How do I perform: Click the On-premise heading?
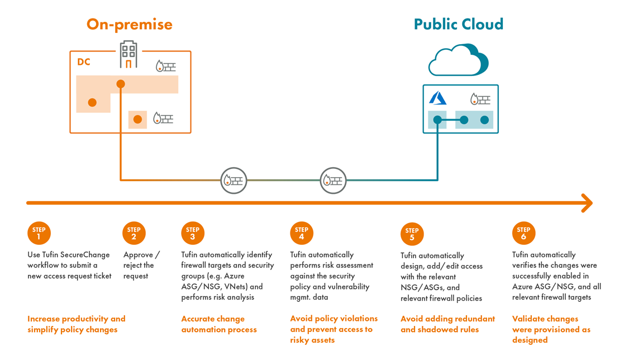(x=129, y=25)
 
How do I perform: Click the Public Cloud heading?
(x=458, y=25)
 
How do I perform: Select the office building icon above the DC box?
(x=128, y=55)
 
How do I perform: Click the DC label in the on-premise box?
(x=84, y=62)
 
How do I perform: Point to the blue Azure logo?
(x=437, y=98)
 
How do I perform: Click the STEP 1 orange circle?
(x=39, y=233)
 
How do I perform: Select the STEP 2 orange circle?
(x=134, y=233)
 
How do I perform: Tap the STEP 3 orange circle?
(x=193, y=233)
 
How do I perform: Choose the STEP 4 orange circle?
(x=302, y=233)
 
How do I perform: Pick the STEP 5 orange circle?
(x=412, y=234)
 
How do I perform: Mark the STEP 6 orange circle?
(x=523, y=233)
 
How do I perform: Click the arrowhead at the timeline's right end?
(x=587, y=203)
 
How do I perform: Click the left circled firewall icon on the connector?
(x=234, y=181)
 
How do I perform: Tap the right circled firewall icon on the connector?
(x=333, y=181)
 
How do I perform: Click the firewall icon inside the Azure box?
(x=480, y=100)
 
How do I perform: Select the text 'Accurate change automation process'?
(x=218, y=324)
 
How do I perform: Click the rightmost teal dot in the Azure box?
(x=484, y=120)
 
